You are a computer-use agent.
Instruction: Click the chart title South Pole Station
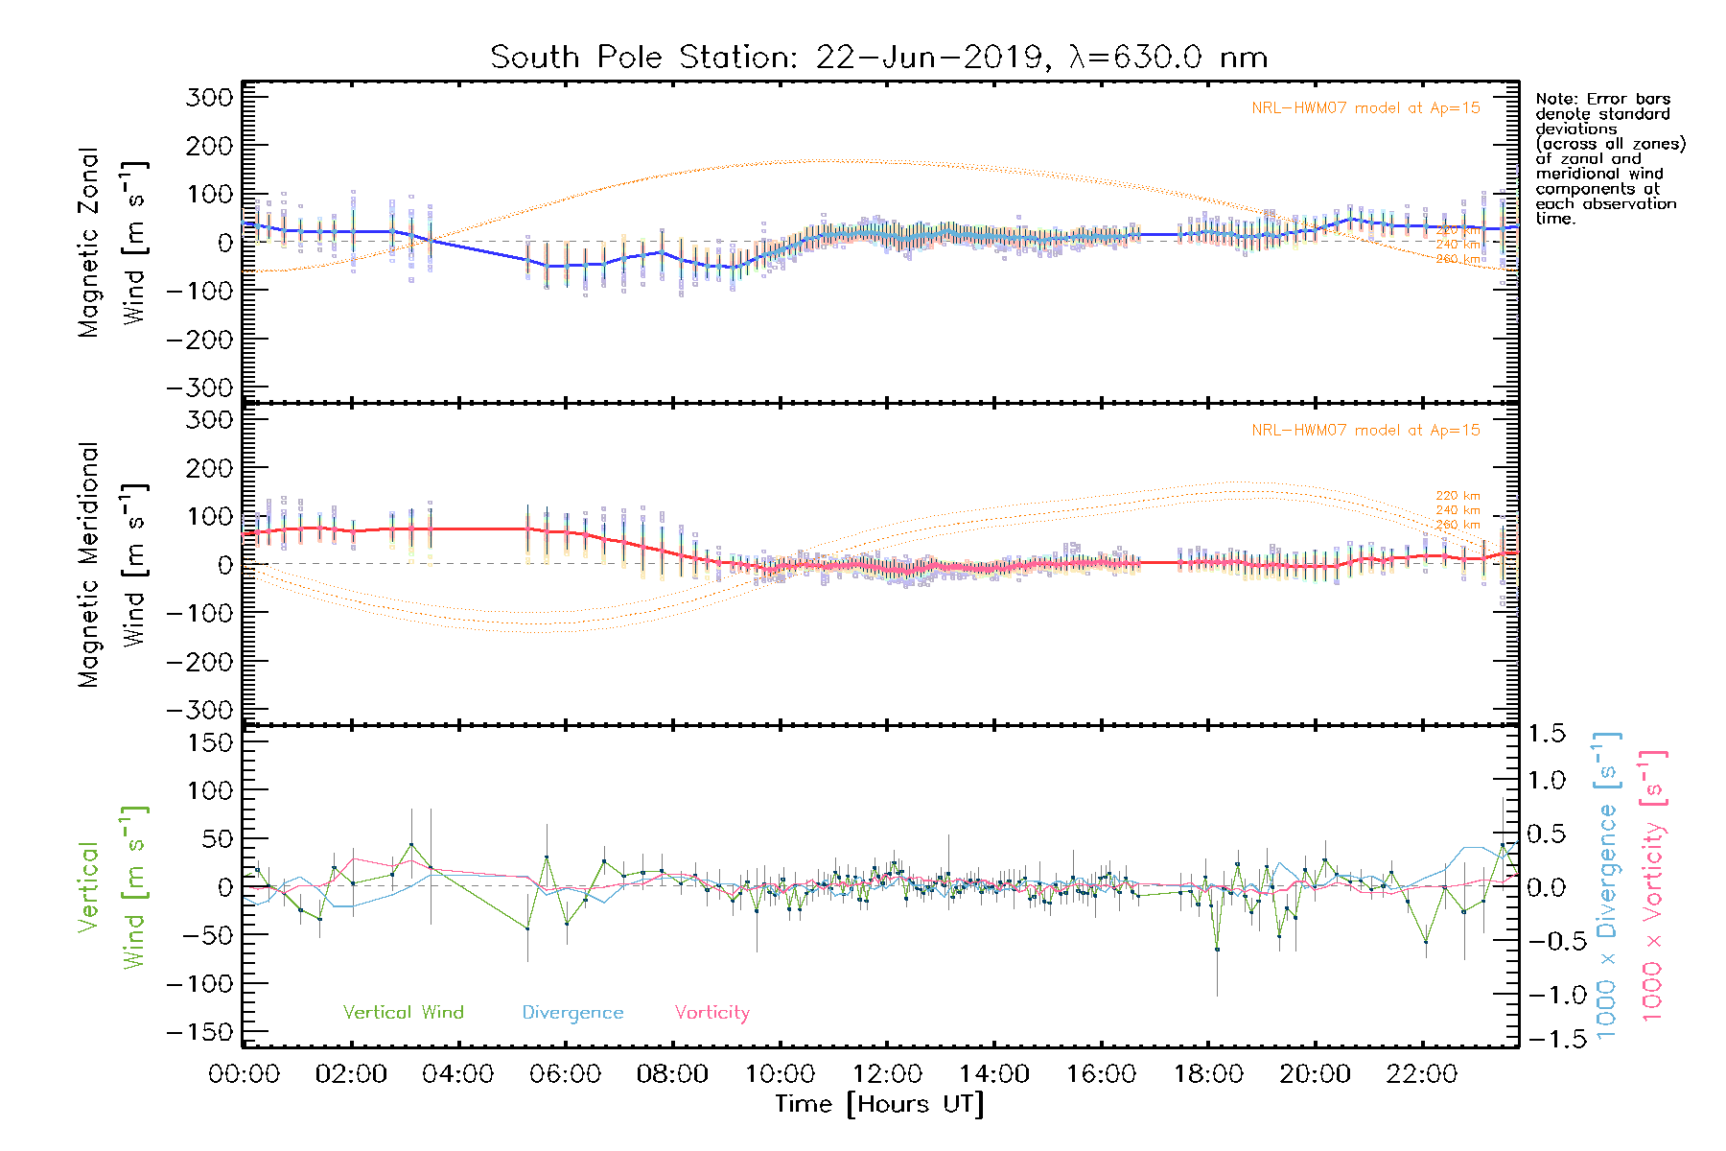pos(878,58)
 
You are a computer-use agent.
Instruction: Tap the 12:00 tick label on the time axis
pos(887,1074)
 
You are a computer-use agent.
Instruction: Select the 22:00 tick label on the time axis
pos(1422,1074)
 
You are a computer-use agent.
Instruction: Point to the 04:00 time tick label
pos(458,1074)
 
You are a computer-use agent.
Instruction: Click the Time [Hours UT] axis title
pos(879,1104)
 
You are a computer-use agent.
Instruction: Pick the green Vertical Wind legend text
pos(403,1013)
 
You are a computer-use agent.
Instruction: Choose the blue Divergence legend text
pos(572,1013)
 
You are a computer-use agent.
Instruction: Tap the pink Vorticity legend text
pos(711,1013)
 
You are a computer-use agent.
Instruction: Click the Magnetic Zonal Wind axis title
pos(113,243)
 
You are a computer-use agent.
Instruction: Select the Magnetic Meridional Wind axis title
pos(113,565)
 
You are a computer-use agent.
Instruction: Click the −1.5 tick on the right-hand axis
pos(1547,1039)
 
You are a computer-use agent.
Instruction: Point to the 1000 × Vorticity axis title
pos(1653,885)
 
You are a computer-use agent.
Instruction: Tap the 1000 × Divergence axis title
pos(1607,885)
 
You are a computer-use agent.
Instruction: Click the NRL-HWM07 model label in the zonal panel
pos(1365,108)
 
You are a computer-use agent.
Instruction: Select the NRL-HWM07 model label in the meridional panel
pos(1365,431)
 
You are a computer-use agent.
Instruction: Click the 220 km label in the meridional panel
pos(1458,496)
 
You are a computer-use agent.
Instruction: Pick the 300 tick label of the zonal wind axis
pos(210,98)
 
